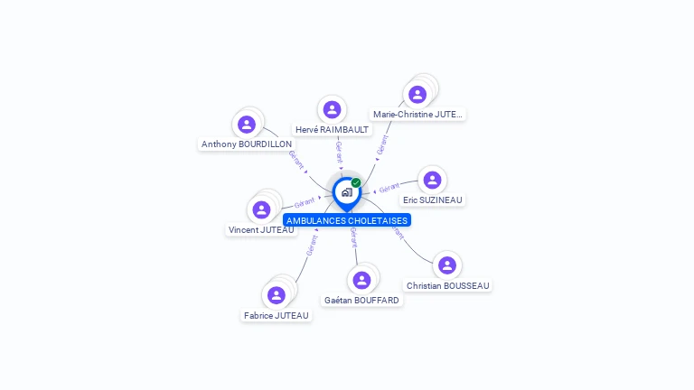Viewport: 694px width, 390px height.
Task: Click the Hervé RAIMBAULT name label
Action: point(332,130)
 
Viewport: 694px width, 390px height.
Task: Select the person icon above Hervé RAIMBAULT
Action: point(332,109)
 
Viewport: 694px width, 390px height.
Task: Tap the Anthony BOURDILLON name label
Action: point(247,144)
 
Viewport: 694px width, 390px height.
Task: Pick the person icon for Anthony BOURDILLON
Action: point(247,125)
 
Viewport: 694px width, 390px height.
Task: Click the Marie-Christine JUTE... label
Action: point(417,115)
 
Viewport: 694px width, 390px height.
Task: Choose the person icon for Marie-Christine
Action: point(417,94)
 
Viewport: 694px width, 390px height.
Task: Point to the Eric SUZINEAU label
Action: point(434,200)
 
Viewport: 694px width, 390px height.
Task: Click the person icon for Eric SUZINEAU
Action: point(432,180)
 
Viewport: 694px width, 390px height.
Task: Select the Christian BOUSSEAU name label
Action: point(447,286)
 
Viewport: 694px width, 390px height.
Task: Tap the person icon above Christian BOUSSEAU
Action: point(446,265)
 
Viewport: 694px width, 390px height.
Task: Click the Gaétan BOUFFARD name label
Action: point(361,300)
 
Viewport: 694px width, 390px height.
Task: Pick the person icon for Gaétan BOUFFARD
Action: point(361,280)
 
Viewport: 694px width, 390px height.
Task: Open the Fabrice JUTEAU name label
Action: point(276,316)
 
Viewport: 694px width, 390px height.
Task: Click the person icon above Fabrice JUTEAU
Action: point(277,295)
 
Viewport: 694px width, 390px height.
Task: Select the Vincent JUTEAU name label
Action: point(261,230)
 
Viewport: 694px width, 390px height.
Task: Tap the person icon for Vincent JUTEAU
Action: point(261,209)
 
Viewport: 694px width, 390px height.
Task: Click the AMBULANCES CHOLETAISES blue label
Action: point(347,220)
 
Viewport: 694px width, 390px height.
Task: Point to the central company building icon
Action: point(346,192)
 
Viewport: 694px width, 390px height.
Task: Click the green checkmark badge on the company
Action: point(356,183)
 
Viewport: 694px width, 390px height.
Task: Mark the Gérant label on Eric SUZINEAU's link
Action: point(389,189)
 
